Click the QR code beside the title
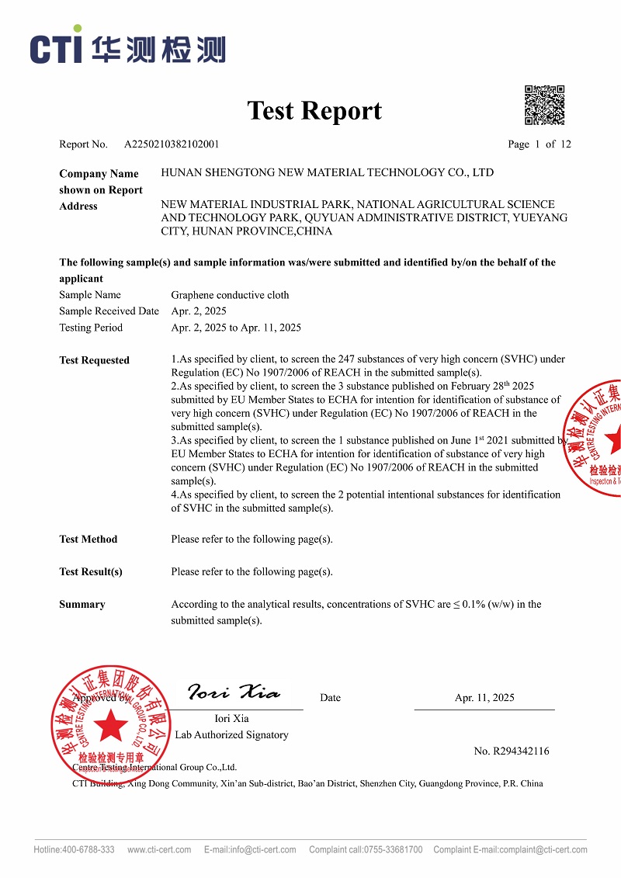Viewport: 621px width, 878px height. [x=544, y=105]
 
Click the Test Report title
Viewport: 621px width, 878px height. [x=314, y=111]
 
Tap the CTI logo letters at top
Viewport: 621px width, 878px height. [x=56, y=49]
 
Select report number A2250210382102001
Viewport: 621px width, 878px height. [x=172, y=144]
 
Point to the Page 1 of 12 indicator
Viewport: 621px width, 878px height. [x=539, y=144]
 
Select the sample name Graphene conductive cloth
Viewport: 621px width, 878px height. [x=230, y=295]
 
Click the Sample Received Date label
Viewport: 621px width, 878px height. [x=109, y=311]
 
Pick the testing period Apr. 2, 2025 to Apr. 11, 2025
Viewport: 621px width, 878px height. [x=236, y=328]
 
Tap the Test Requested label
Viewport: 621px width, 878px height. [x=94, y=360]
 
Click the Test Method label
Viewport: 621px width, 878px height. [x=88, y=540]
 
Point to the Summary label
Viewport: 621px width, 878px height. [x=82, y=605]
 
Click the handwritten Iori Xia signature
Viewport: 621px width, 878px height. [x=234, y=692]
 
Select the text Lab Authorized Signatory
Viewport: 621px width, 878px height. [x=231, y=735]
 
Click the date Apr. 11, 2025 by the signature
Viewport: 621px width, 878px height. [x=484, y=698]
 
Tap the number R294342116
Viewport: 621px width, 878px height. [x=512, y=751]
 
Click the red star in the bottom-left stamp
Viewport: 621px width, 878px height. [x=110, y=727]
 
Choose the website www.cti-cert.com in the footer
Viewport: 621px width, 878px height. [x=159, y=850]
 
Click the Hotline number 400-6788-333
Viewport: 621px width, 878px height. [x=88, y=850]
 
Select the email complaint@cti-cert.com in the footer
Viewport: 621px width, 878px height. [x=543, y=850]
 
